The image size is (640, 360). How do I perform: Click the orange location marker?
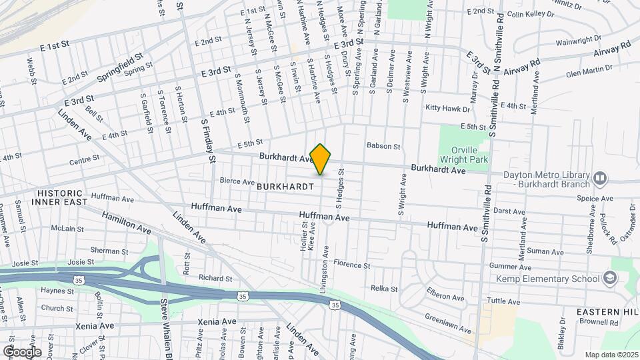tap(321, 159)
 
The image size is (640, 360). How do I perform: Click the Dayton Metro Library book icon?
tap(600, 178)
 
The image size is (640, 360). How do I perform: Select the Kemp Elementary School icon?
tap(609, 278)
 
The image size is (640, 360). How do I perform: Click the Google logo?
tap(22, 351)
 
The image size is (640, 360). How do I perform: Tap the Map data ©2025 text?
tap(611, 354)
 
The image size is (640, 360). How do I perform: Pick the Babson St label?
tap(383, 146)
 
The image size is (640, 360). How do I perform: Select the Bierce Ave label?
tap(237, 181)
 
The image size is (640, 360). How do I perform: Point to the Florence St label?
tap(351, 265)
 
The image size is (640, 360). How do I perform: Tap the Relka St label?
tap(384, 289)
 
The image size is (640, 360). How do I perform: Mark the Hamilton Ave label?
tap(127, 222)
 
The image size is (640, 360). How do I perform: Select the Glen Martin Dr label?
tap(571, 69)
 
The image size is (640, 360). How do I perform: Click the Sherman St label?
tap(109, 251)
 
